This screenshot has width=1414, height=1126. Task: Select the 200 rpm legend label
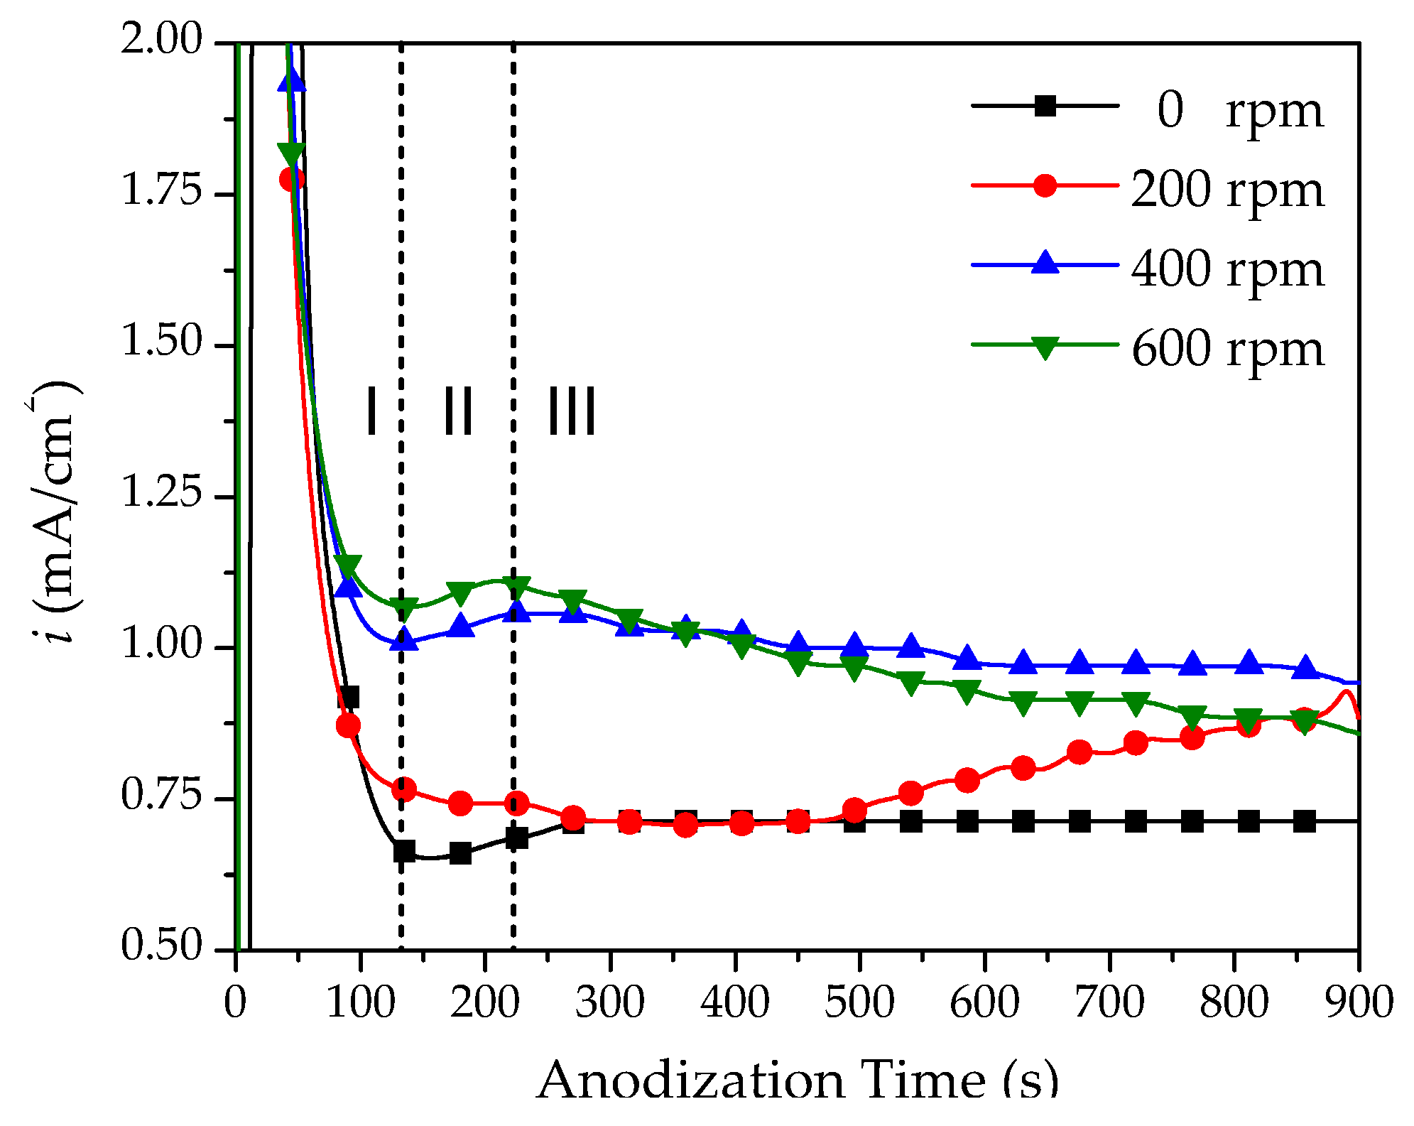coord(1227,190)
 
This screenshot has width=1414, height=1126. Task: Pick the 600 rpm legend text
coord(1227,349)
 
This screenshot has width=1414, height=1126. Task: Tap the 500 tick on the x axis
coord(859,1002)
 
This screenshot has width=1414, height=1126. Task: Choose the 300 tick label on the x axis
coord(609,1002)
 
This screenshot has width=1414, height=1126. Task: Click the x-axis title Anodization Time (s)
coord(797,1080)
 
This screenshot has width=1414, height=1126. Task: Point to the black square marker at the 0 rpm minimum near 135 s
coord(403,850)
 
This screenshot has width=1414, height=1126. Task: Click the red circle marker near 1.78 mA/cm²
coord(292,178)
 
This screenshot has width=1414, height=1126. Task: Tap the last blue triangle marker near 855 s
coord(1305,668)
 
